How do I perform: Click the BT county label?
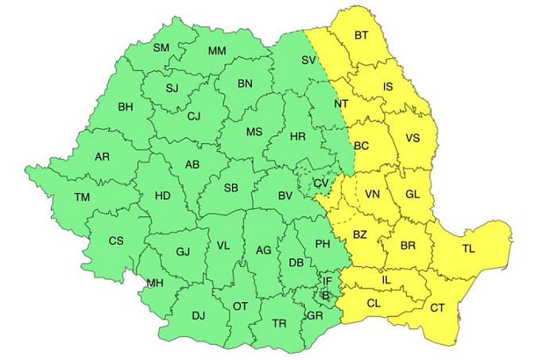362,35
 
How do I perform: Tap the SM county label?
161,48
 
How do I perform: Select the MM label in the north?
217,52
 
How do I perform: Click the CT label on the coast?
438,308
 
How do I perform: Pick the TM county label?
82,197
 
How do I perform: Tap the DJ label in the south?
198,316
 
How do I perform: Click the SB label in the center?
231,188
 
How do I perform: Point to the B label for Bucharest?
324,296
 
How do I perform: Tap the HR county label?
297,137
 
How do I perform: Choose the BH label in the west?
126,106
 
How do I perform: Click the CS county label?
116,240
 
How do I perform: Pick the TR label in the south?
279,323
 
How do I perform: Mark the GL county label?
412,195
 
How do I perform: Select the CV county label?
320,184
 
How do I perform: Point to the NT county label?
341,104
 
